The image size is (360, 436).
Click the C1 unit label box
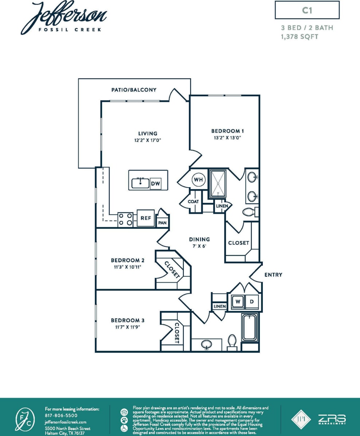[x=307, y=10]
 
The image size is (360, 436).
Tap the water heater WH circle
[x=199, y=180]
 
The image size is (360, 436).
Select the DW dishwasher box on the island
[x=155, y=184]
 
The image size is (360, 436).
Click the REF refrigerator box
[x=146, y=218]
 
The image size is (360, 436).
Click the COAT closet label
[x=193, y=201]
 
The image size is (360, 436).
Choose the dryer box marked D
[x=252, y=302]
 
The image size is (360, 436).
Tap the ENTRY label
[x=273, y=275]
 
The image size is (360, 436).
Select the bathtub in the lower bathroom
[x=250, y=327]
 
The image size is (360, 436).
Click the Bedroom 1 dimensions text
[x=228, y=138]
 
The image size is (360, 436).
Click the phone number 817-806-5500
[x=61, y=415]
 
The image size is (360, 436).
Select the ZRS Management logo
[x=332, y=420]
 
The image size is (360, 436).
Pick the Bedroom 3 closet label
[x=177, y=333]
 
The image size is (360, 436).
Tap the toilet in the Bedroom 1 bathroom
[x=249, y=212]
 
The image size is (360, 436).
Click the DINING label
[x=199, y=239]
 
